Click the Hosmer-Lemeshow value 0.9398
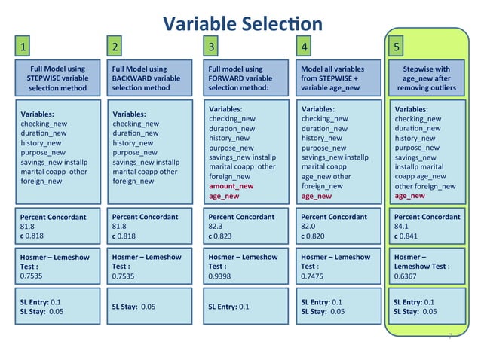click(222, 276)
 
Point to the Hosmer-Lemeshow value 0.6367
click(408, 276)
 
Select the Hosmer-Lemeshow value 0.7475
click(314, 276)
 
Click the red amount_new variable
click(231, 186)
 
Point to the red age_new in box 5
click(409, 196)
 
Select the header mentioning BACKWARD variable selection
click(149, 79)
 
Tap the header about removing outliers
click(426, 79)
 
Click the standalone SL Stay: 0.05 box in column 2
click(143, 307)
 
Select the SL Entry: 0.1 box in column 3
click(228, 307)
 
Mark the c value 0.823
click(223, 236)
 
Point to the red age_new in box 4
click(316, 196)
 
